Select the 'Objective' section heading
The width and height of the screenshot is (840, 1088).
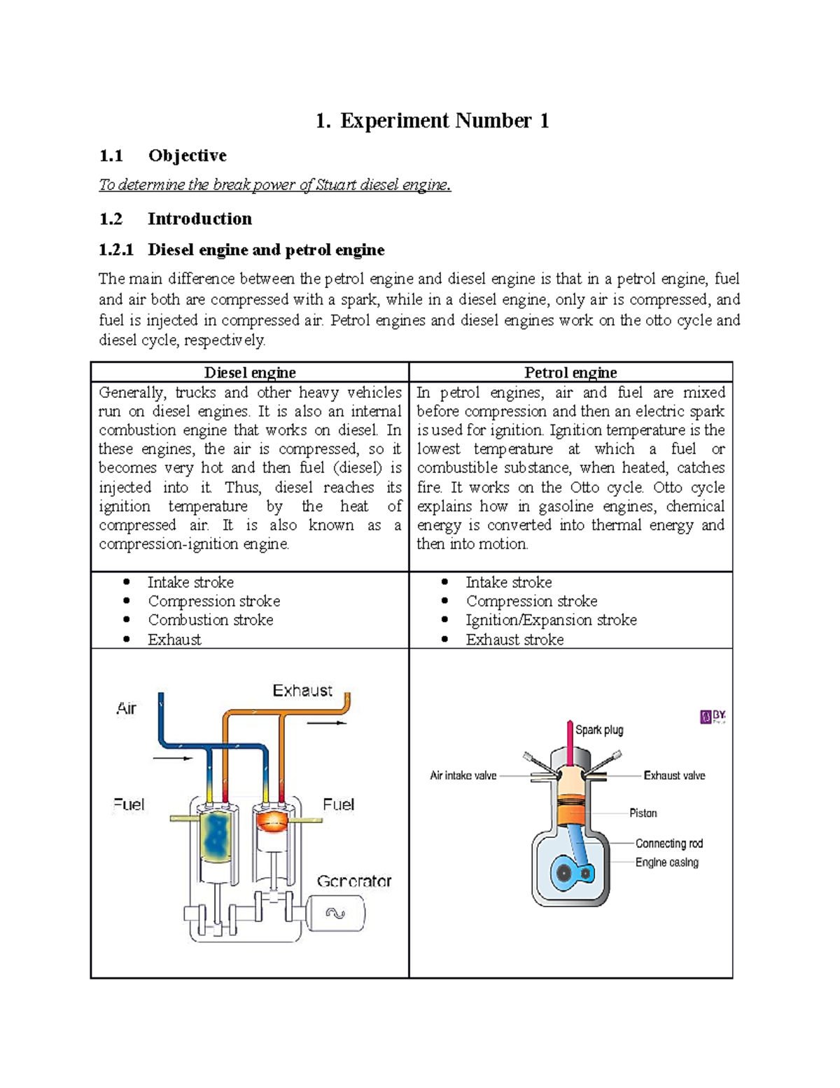tap(187, 156)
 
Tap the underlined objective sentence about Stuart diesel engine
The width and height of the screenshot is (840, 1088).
tap(274, 185)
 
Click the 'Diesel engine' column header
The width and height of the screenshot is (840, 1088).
tap(250, 372)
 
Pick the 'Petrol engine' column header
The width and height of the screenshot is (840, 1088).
tap(570, 372)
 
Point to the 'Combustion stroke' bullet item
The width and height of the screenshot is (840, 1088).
tap(210, 620)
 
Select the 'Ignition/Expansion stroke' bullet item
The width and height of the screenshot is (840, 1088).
tap(551, 620)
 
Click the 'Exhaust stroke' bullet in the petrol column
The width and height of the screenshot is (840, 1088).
tap(514, 639)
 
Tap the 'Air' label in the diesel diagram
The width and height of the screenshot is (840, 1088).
tap(126, 708)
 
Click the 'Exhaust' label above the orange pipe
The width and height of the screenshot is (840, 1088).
tap(302, 691)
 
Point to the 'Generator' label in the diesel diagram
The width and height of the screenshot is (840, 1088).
tap(354, 881)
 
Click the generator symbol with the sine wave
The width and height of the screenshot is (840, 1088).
tap(336, 914)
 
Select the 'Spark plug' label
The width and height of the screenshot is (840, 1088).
tap(599, 730)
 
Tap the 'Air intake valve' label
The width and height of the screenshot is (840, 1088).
tap(463, 776)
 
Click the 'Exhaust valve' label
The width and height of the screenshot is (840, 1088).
tap(674, 776)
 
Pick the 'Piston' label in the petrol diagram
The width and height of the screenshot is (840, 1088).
tap(643, 813)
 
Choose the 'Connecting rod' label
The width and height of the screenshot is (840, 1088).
tap(668, 843)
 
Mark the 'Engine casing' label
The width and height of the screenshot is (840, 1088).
tap(666, 862)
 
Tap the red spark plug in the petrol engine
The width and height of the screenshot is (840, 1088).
tap(570, 743)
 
